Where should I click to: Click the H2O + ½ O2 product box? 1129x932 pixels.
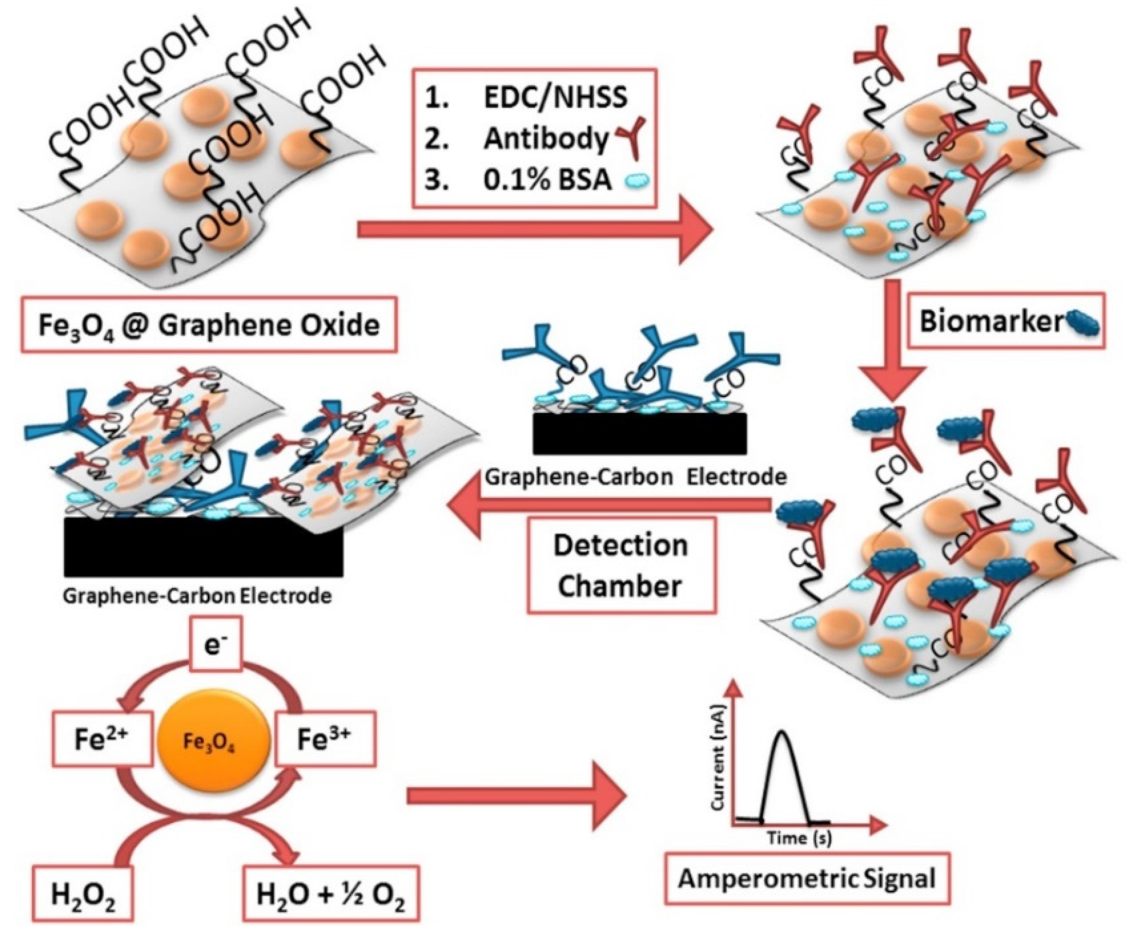point(331,896)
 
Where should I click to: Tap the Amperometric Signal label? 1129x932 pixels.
point(806,879)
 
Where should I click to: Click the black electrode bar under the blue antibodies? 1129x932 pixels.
point(639,433)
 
